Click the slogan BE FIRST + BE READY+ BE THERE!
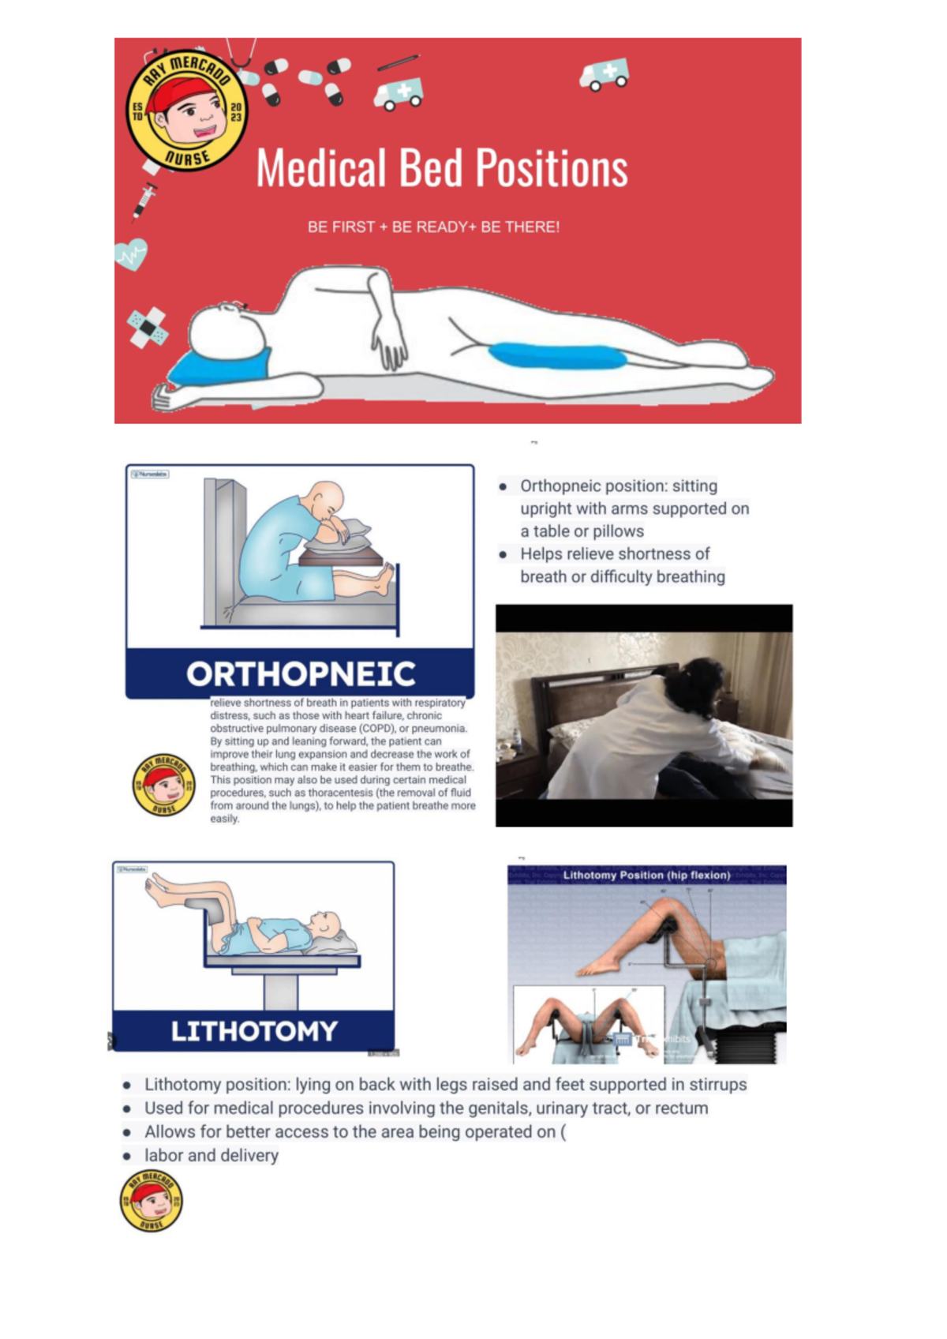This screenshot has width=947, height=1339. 433,227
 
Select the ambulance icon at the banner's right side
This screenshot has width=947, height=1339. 604,75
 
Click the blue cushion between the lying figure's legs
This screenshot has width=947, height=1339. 556,355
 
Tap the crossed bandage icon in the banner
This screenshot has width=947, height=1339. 148,326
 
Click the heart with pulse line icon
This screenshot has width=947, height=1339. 131,255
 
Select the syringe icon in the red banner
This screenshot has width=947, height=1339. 144,200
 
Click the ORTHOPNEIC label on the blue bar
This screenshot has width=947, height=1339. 301,673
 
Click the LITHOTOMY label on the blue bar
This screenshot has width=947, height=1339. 254,1030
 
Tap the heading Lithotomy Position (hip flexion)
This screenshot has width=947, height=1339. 646,875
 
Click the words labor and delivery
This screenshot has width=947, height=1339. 211,1155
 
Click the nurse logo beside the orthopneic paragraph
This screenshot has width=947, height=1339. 163,784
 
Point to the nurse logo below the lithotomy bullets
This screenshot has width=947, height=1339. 151,1201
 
